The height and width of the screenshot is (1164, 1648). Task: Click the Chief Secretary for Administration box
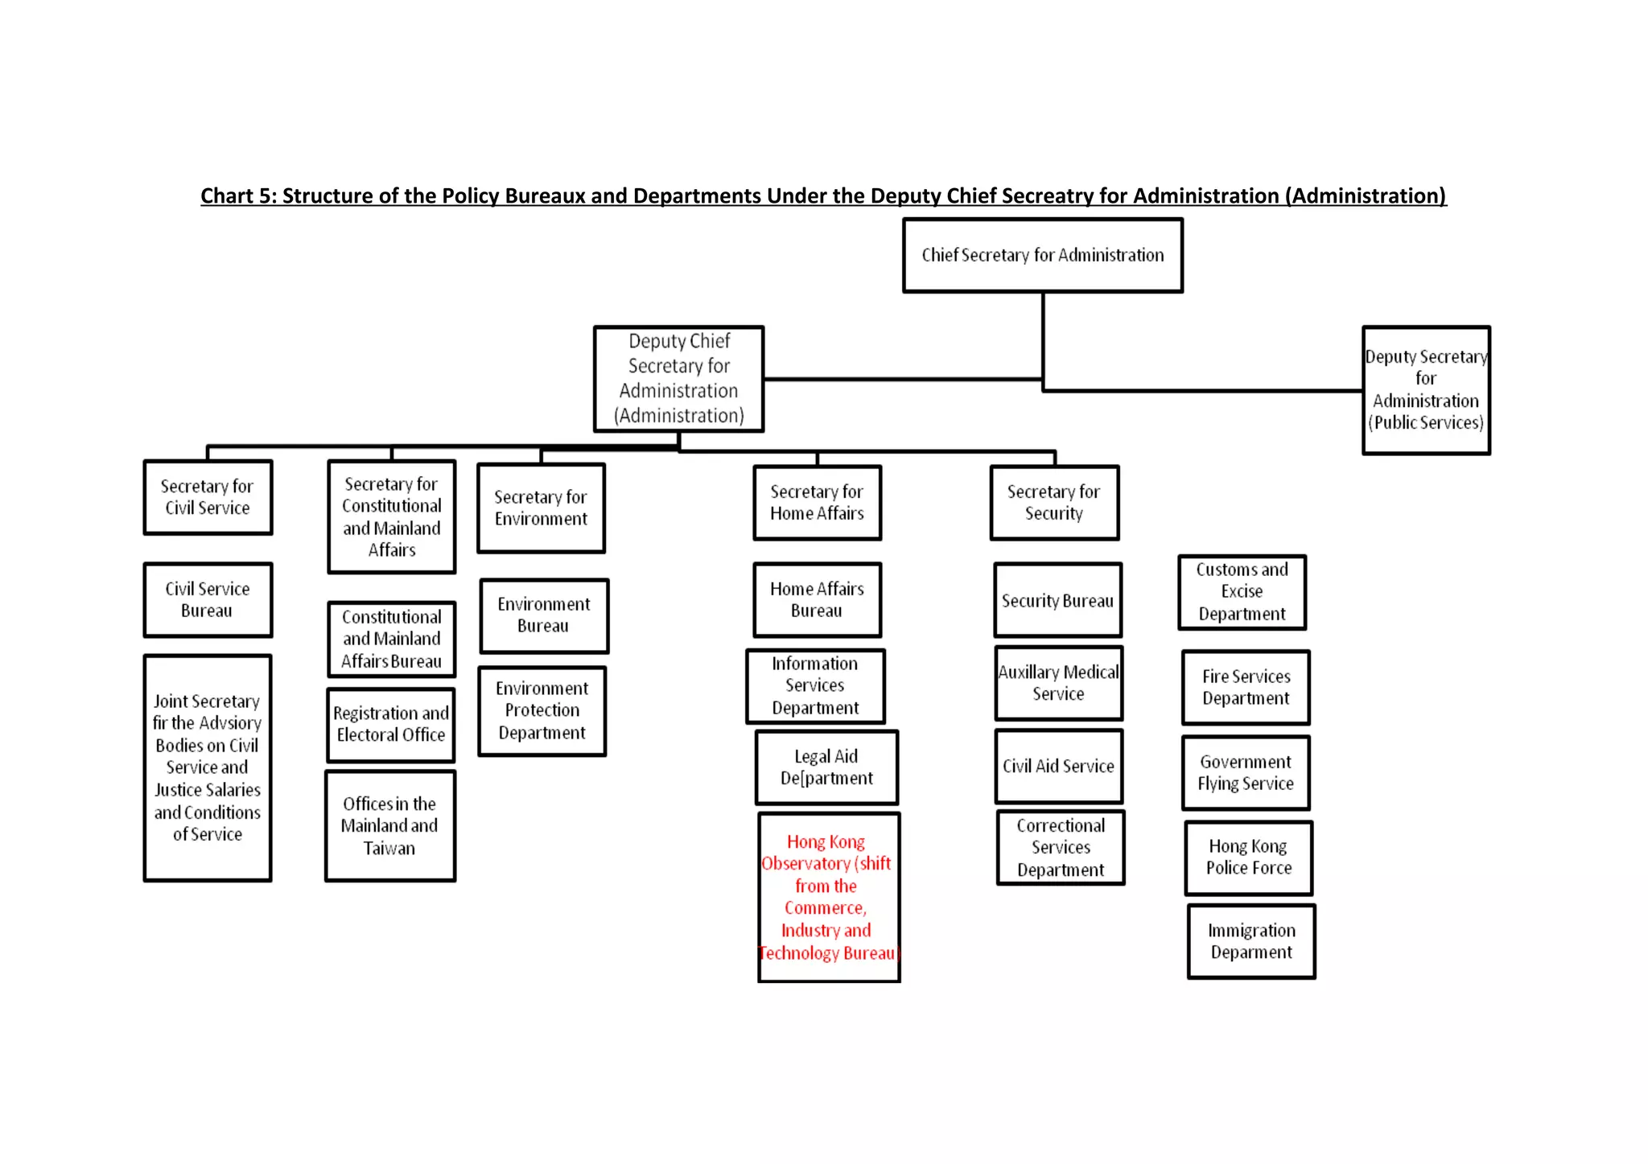click(1042, 255)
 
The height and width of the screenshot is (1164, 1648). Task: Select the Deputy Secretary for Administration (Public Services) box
click(1425, 390)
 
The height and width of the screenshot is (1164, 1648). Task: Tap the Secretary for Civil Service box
click(208, 497)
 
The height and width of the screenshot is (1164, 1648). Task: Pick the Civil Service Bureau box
click(208, 600)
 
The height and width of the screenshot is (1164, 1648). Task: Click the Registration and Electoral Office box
click(391, 725)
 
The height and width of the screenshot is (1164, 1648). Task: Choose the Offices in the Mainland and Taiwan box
click(390, 826)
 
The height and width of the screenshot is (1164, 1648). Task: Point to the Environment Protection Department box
click(542, 711)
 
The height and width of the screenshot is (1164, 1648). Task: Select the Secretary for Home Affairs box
click(817, 503)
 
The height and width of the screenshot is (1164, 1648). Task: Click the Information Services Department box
click(815, 686)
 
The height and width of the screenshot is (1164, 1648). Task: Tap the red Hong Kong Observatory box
click(828, 897)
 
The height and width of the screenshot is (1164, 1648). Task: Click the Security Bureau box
click(1057, 601)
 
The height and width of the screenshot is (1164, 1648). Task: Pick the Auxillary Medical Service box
click(1058, 683)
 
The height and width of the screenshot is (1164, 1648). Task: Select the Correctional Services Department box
click(1061, 848)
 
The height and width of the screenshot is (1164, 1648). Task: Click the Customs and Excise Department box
click(1242, 592)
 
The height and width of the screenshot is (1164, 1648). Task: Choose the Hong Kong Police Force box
click(1248, 858)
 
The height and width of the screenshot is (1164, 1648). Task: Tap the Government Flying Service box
click(1246, 773)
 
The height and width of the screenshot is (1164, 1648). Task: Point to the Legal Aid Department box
click(826, 767)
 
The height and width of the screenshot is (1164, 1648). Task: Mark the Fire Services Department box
click(1246, 688)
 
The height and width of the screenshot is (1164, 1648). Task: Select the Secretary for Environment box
click(541, 508)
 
